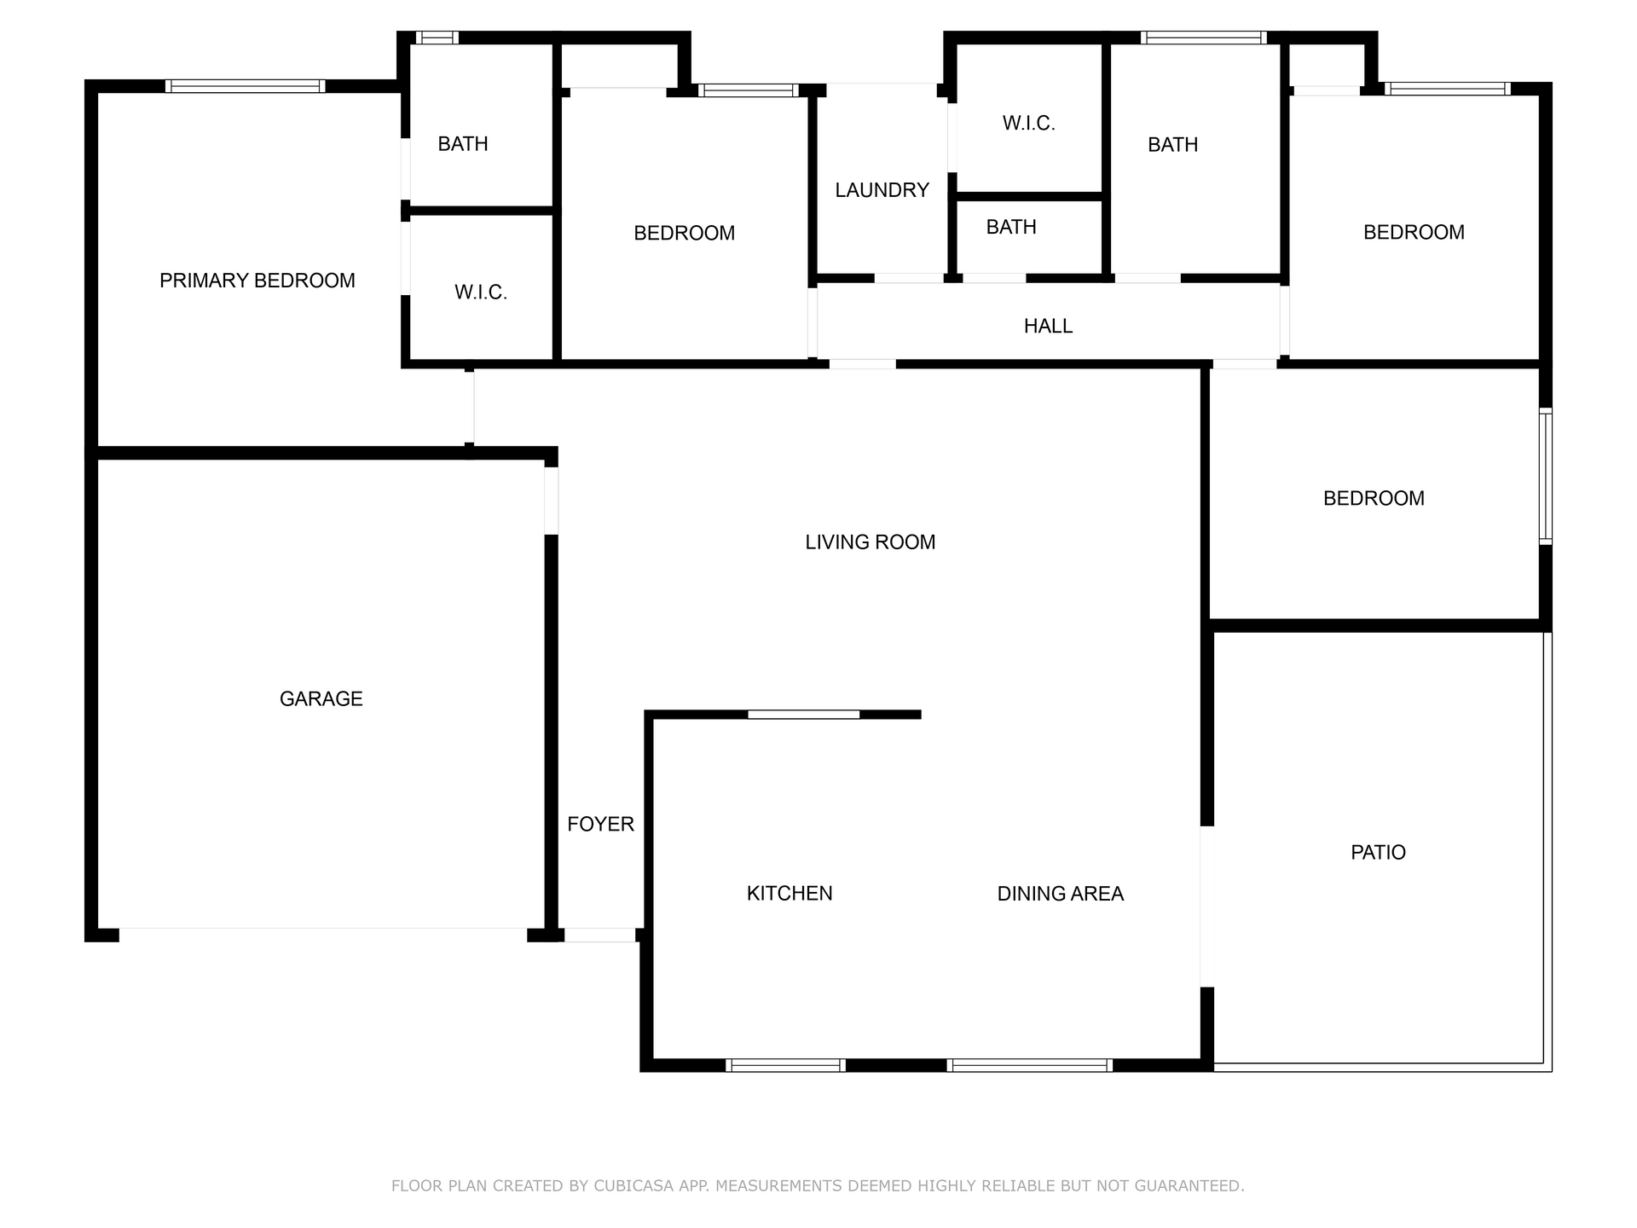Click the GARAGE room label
[x=321, y=699]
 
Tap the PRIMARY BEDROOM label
[x=257, y=281]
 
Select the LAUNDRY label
[x=882, y=190]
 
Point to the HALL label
[x=1048, y=326]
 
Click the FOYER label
[x=601, y=824]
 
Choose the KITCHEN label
[x=790, y=893]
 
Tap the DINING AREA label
[x=1061, y=894]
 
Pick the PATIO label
[x=1379, y=852]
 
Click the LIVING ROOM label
[x=871, y=542]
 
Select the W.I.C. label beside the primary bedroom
[x=481, y=293]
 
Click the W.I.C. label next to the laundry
[x=1029, y=124]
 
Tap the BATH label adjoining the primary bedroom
[x=463, y=144]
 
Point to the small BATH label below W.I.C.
[x=1011, y=227]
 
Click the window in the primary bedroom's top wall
[x=245, y=86]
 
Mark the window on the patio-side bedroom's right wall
[x=1546, y=476]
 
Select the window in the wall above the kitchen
[x=804, y=715]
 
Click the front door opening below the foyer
[x=600, y=935]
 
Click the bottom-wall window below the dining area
[x=1030, y=1065]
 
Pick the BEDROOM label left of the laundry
[x=685, y=234]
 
